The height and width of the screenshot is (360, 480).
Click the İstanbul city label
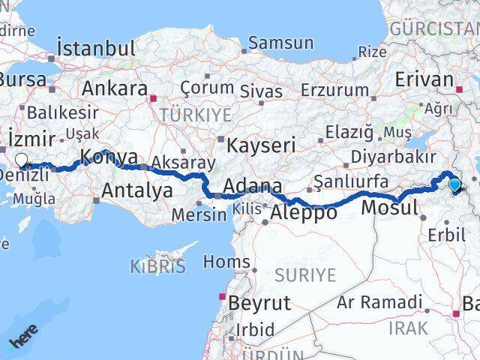tap(97, 49)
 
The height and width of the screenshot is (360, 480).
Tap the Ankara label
tap(114, 88)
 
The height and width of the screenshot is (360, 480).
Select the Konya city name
tap(108, 157)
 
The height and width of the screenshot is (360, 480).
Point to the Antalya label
tap(136, 190)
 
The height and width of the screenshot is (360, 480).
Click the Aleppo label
tap(304, 213)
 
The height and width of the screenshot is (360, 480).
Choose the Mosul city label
tap(388, 208)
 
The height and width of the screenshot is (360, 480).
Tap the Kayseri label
tap(261, 145)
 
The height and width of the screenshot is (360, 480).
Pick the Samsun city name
tap(280, 42)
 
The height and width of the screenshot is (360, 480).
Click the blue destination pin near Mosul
tap(454, 184)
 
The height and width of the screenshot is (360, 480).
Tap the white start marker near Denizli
tap(21, 160)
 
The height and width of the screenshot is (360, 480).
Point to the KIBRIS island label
tap(158, 268)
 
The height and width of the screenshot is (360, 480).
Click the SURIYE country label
tap(304, 275)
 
